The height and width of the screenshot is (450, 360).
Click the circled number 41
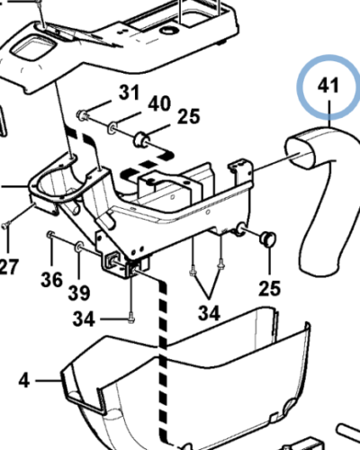coord(328,85)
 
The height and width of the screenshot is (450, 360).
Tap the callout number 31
coord(130,93)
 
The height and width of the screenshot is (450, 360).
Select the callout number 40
coord(159,103)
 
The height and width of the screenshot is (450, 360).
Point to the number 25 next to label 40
coord(188,117)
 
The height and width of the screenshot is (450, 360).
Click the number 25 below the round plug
coord(270,288)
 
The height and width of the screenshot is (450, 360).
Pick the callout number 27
coord(8,266)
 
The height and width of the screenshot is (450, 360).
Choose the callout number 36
coord(52,280)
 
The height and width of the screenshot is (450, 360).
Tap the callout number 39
coord(79,292)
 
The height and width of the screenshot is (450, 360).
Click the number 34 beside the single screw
coord(84,319)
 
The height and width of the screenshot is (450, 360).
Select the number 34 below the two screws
coord(209,313)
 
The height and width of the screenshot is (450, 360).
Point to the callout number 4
coord(24,381)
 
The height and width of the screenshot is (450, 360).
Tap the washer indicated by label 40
coord(112,128)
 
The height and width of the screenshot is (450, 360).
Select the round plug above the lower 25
coord(267,238)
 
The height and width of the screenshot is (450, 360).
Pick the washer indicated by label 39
coord(79,247)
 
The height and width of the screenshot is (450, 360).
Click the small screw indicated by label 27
coord(5,225)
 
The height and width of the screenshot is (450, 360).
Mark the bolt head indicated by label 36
coord(50,234)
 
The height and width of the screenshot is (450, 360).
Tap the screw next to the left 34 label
coord(131,319)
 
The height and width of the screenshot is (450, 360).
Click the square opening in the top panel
coord(33,47)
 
